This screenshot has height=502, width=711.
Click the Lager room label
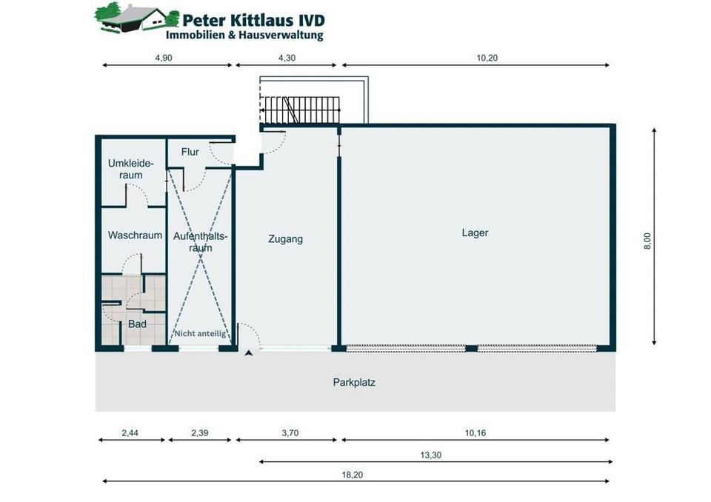point(475,233)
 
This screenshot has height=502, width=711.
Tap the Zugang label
point(285,239)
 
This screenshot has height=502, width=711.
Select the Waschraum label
point(135,235)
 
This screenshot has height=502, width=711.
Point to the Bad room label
point(137,324)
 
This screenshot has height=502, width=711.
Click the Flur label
point(190,153)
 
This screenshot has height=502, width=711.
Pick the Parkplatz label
point(354,383)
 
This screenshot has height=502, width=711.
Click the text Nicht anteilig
point(200,334)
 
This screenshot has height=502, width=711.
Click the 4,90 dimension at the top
point(164,58)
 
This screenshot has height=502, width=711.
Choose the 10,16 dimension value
point(475,433)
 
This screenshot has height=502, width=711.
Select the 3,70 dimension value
point(289,433)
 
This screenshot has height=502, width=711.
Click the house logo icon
point(132,18)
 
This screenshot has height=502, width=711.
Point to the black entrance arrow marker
point(249,353)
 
